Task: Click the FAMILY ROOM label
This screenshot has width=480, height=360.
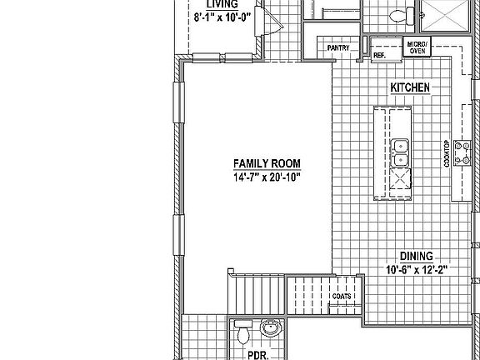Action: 267,163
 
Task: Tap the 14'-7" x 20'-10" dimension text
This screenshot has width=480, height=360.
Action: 267,177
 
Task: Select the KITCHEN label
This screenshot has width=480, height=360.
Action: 410,87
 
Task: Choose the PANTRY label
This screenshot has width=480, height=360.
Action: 338,48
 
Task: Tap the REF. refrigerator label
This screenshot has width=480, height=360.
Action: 378,56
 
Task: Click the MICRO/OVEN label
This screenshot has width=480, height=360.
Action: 417,47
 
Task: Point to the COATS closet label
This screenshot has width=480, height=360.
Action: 341,297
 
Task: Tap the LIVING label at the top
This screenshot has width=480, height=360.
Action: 205,4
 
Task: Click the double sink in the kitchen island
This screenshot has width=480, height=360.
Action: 401,152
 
